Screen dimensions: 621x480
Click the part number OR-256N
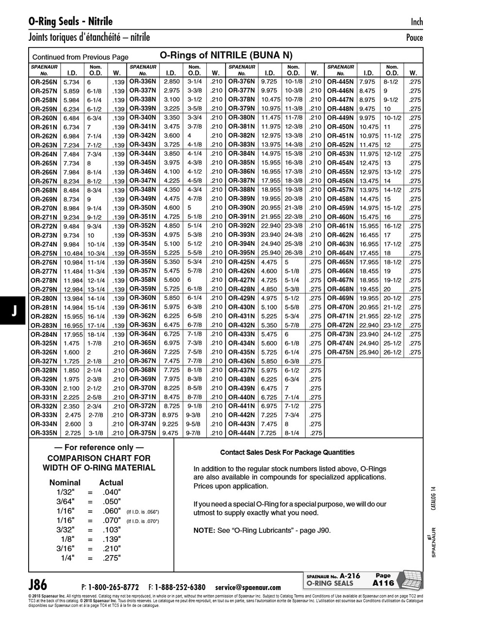44,82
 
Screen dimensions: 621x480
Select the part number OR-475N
340,352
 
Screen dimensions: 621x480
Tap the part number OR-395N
241,253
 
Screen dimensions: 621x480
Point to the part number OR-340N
142,117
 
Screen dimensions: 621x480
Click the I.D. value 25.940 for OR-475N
369,352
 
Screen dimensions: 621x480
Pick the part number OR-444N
241,433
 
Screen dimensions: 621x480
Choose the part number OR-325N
44,343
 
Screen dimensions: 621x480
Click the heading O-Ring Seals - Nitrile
70,21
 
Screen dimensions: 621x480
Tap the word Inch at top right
416,22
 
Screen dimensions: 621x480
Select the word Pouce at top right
414,38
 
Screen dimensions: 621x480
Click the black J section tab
14,311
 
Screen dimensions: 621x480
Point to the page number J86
38,584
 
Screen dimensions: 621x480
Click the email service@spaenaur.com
248,587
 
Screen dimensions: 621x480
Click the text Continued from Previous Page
80,57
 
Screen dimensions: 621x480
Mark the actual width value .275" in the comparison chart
112,558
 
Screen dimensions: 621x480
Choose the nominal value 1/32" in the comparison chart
66,492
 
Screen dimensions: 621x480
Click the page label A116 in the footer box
383,583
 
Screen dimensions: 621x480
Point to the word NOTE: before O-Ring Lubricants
204,530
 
